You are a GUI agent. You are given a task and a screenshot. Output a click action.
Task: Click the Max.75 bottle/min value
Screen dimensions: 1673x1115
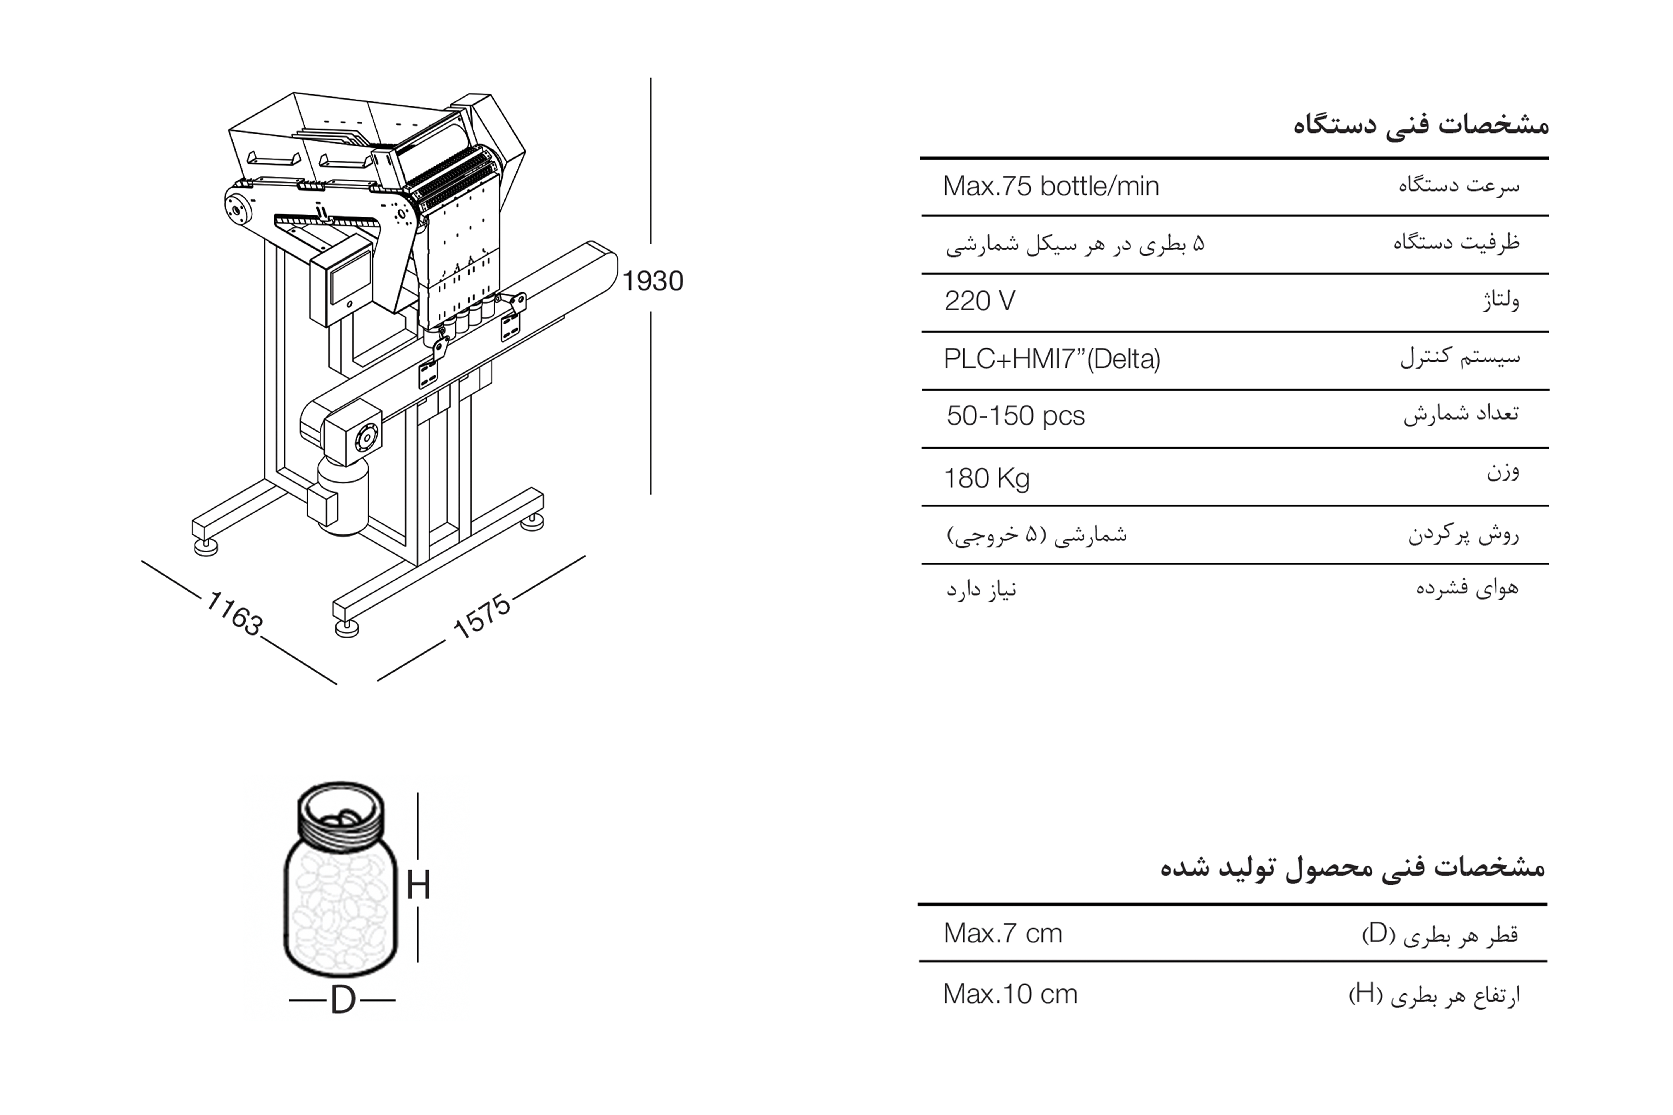[1051, 186]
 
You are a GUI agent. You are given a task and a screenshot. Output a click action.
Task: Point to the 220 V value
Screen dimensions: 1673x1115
[980, 302]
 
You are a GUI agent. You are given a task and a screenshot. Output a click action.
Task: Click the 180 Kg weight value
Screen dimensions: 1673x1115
[987, 479]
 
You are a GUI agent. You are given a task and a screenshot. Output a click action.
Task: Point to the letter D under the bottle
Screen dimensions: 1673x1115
[343, 1000]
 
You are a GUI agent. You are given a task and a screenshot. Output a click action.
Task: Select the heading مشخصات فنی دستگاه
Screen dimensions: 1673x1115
[1420, 125]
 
